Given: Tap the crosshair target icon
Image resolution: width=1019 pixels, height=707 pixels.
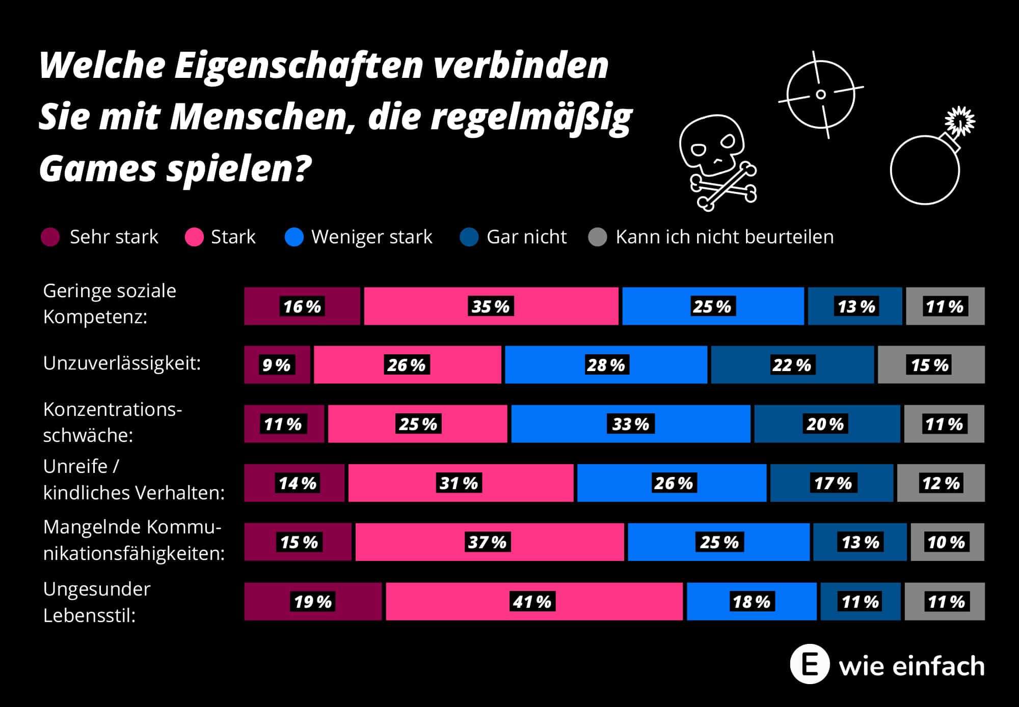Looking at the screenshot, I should click(820, 95).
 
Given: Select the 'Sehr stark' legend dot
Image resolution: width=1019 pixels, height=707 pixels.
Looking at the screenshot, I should click(50, 237).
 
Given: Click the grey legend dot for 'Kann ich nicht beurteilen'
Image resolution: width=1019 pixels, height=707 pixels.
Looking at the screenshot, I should click(598, 237).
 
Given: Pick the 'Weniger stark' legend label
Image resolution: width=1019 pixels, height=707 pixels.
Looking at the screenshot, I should click(371, 237).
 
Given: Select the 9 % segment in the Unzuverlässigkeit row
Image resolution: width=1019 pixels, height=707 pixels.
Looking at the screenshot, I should click(277, 365).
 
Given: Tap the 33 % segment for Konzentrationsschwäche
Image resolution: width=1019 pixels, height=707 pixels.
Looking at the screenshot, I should click(630, 424).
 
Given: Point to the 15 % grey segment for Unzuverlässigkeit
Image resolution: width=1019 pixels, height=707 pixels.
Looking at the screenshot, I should click(931, 365).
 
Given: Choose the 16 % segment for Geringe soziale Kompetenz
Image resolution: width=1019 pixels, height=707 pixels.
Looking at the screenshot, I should click(302, 306).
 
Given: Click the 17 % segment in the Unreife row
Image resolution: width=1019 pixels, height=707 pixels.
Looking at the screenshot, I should click(832, 483).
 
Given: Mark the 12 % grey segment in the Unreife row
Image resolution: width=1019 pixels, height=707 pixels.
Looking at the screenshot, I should click(941, 483).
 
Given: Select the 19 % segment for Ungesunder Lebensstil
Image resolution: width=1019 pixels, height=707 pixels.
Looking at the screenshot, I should click(312, 602).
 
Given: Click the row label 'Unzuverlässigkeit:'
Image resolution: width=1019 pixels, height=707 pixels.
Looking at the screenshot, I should click(122, 363).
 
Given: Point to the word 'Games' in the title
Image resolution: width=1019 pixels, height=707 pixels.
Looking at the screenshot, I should click(97, 169).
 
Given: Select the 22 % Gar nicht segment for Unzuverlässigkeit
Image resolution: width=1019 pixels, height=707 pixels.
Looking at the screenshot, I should click(792, 365).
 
